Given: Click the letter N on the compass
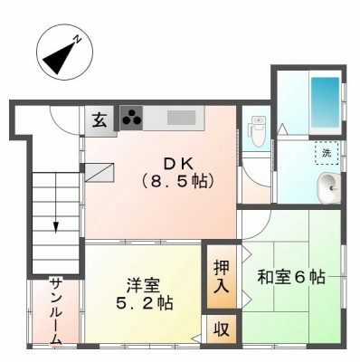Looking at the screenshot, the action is (x=78, y=39).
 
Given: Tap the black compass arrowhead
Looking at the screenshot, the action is (x=60, y=58).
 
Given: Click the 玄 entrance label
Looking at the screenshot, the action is (x=99, y=120).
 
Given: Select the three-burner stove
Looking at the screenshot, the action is (x=131, y=118).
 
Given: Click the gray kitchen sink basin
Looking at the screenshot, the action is (x=182, y=118).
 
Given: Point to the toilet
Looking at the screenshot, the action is (x=256, y=131).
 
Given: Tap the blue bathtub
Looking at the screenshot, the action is (x=325, y=102).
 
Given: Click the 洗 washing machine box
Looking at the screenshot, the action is (x=327, y=153).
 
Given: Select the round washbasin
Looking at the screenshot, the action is (x=329, y=188).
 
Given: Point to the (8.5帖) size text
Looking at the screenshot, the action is (x=178, y=181).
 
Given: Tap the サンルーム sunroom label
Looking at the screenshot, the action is (x=56, y=312).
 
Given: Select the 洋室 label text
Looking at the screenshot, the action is (x=143, y=285).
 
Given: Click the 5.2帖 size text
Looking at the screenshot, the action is (x=145, y=303).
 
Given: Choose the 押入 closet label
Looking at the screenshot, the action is (x=222, y=276).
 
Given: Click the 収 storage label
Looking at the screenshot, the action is (x=222, y=329).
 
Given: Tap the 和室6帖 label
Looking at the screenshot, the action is (x=291, y=278).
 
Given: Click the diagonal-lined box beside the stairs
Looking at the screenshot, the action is (x=99, y=173).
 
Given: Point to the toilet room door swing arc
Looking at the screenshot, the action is (x=253, y=176).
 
